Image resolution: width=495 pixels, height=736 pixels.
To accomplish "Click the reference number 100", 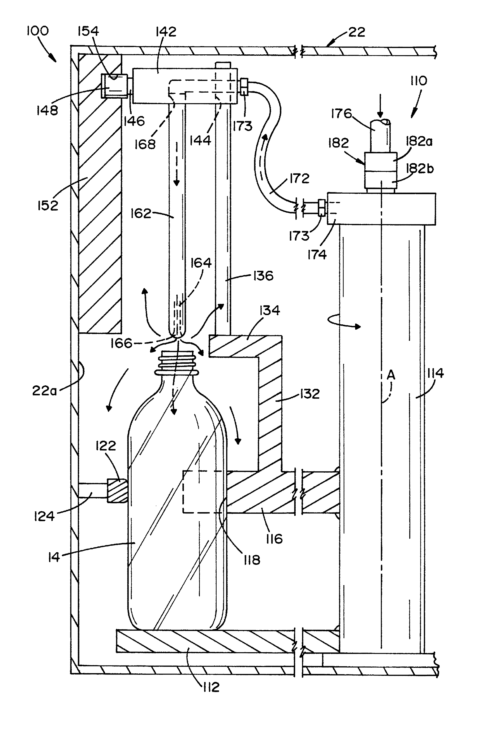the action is click(38, 31).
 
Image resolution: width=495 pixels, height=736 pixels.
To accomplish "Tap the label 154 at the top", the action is click(88, 31).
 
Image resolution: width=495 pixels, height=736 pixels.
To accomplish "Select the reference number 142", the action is click(166, 32).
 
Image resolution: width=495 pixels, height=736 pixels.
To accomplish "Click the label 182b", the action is click(420, 168).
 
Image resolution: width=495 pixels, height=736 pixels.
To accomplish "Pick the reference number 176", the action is click(341, 113).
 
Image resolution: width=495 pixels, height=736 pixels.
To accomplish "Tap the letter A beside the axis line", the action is click(391, 375).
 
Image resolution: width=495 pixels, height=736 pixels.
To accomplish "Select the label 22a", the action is click(45, 391).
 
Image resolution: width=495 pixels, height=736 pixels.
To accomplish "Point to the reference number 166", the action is click(121, 343).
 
